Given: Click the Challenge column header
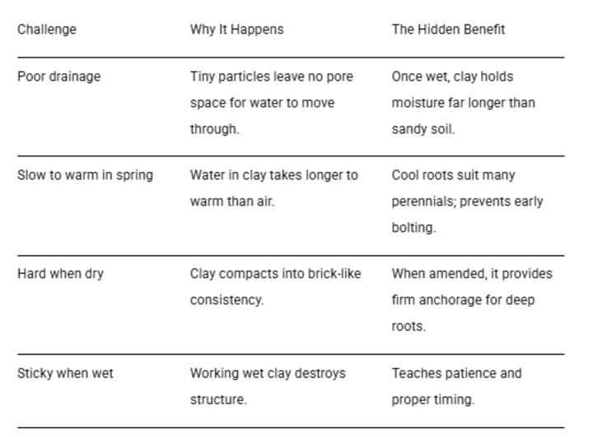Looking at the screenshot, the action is tap(46, 30).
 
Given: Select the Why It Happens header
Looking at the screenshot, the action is tap(236, 30).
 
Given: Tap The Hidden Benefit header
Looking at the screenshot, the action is tap(448, 30).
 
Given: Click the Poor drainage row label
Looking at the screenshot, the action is tap(58, 77).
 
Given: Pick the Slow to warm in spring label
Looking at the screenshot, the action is tap(85, 175).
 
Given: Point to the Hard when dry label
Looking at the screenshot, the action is tap(60, 274).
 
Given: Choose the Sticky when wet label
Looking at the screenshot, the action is tap(65, 373).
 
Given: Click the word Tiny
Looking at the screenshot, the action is tap(203, 77).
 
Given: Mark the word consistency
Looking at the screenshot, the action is tap(226, 300).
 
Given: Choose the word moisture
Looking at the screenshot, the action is tap(418, 103).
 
